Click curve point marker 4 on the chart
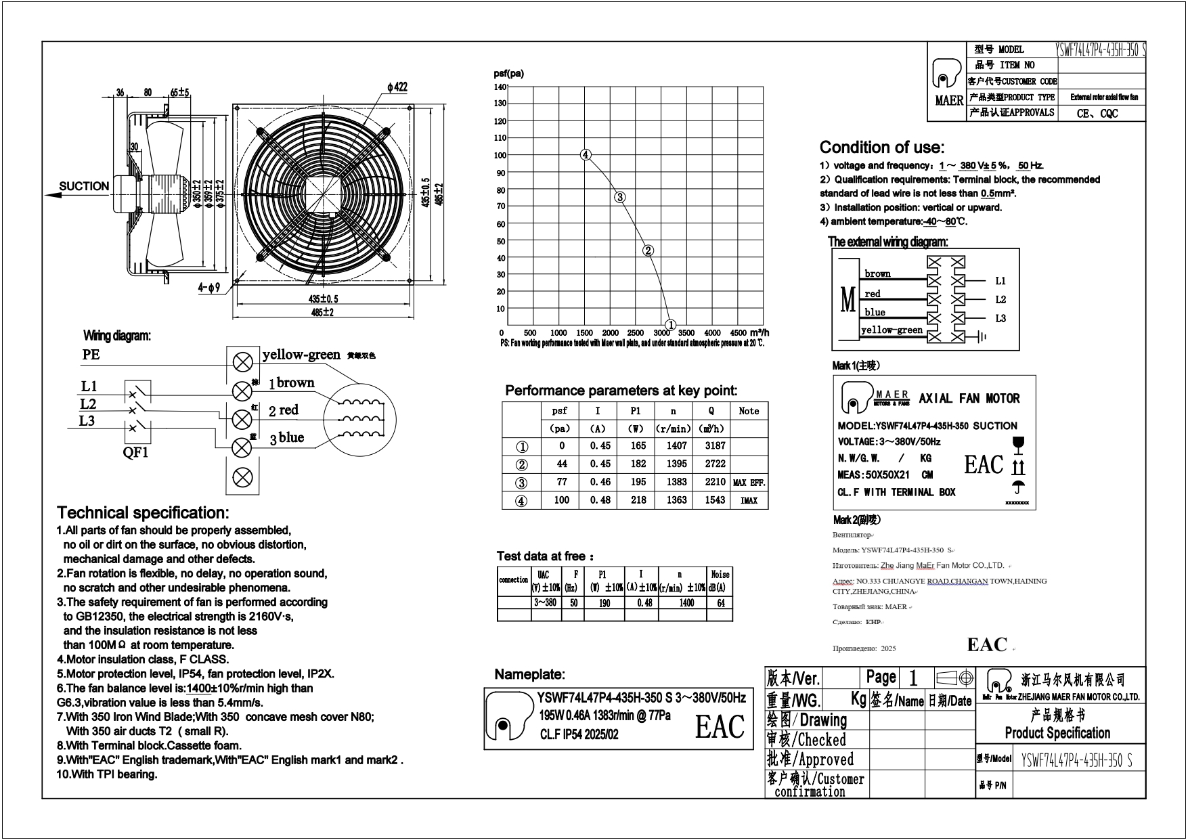(x=586, y=155)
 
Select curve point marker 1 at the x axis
(x=670, y=325)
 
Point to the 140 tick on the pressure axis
(x=500, y=87)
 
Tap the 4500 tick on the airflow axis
(x=739, y=333)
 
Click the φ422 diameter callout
(x=397, y=87)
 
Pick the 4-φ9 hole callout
(x=209, y=288)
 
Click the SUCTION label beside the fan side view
(x=84, y=186)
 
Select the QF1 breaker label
(x=135, y=453)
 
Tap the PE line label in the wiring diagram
(x=91, y=354)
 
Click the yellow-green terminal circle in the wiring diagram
(x=242, y=362)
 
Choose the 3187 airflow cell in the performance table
(x=715, y=446)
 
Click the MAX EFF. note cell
(x=749, y=483)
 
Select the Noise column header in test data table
(x=720, y=575)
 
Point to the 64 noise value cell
(x=720, y=603)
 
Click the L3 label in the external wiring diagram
(x=1000, y=319)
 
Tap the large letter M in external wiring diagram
(x=848, y=300)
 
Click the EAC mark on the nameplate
(x=720, y=727)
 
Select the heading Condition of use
(x=881, y=148)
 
